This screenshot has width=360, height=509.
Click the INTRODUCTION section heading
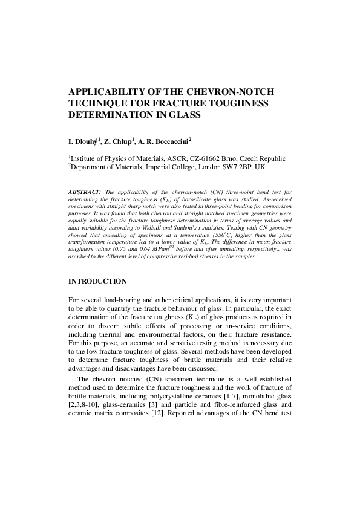pyautogui.click(x=97, y=281)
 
